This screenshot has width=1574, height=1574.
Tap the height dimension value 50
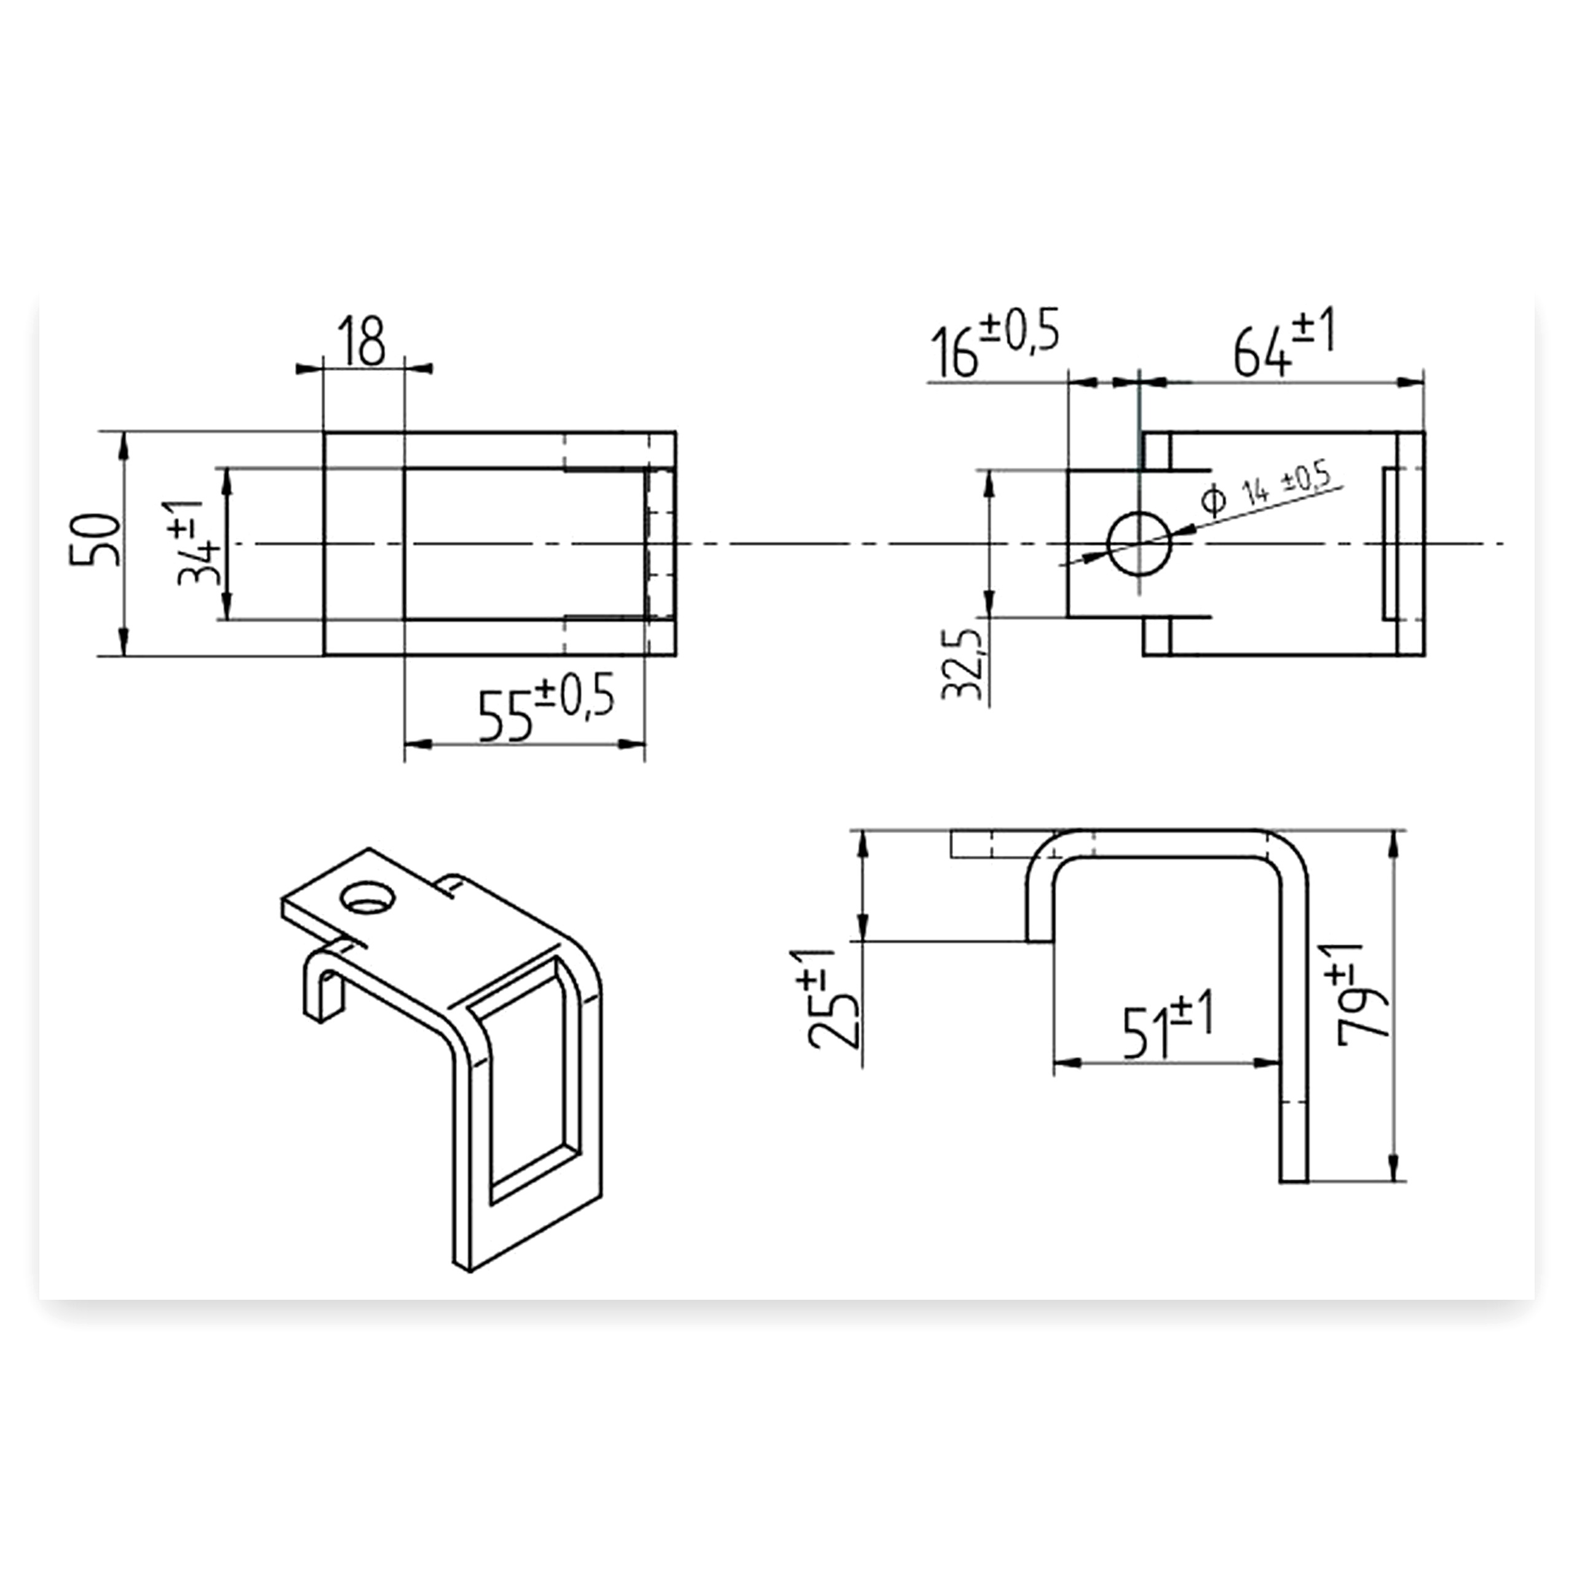pos(95,539)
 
